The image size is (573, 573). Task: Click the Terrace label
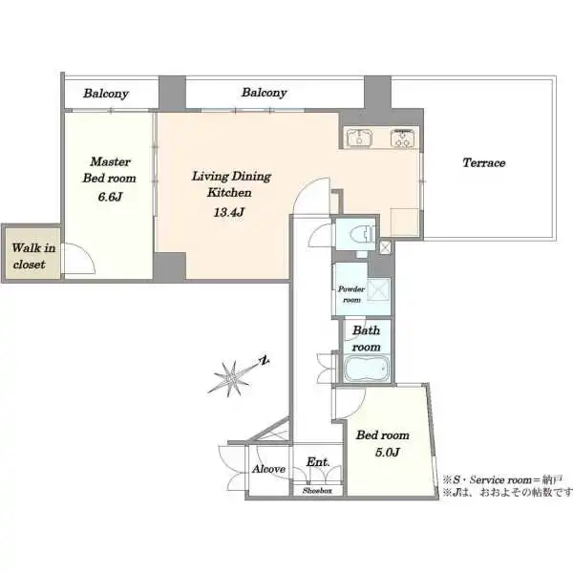click(x=484, y=162)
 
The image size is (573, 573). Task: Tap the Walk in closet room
click(x=32, y=254)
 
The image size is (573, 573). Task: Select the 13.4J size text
click(x=229, y=212)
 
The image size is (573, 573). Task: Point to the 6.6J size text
click(x=110, y=197)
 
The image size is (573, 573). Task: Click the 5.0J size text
click(x=387, y=453)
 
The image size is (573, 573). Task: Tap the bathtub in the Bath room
click(x=366, y=369)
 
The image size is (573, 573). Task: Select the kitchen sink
click(x=360, y=138)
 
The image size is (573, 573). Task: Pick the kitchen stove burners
click(x=402, y=138)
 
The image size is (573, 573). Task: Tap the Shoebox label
click(x=317, y=491)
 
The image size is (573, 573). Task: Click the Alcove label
click(x=268, y=469)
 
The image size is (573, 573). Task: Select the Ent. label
click(x=318, y=462)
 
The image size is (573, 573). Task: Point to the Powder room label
click(x=351, y=294)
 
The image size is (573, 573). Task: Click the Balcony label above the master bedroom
click(x=106, y=94)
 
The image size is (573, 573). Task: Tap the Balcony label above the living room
click(x=264, y=93)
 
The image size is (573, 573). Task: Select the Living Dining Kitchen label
click(x=231, y=184)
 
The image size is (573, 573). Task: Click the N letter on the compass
click(x=265, y=360)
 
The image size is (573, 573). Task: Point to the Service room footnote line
click(x=502, y=479)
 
